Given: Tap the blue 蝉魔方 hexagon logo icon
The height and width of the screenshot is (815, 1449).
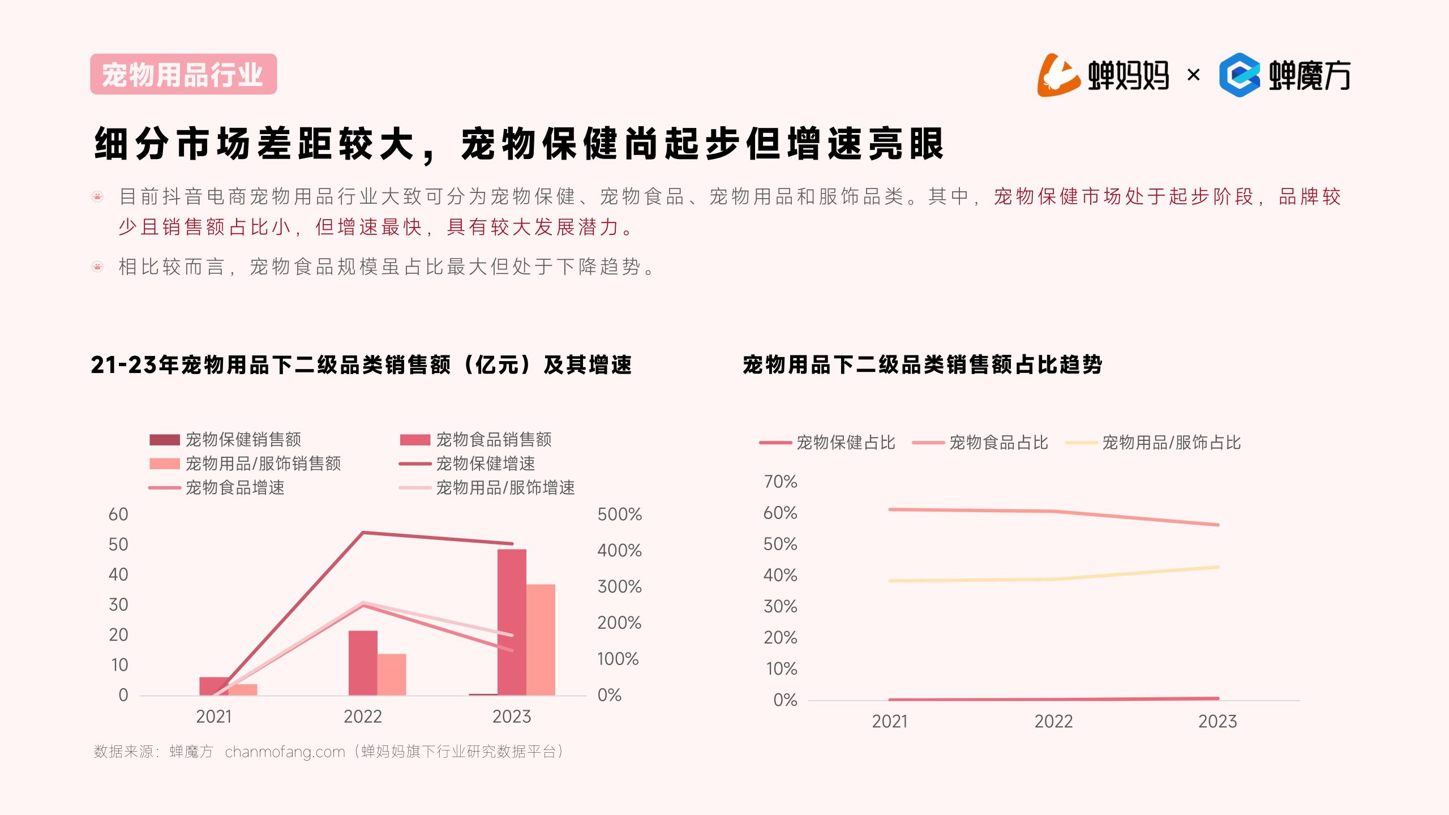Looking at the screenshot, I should [1240, 75].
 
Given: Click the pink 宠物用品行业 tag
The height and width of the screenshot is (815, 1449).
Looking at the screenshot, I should [183, 74].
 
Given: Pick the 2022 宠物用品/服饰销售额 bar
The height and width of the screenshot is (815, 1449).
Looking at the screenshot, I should [392, 674].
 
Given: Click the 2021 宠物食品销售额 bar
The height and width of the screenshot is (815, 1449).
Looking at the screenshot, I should [214, 685].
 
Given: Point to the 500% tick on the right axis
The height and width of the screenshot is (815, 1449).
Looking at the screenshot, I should [619, 514].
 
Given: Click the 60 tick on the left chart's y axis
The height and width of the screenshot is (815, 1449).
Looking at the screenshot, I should [118, 514].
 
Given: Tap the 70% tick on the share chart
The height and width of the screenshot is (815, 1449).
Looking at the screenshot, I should [781, 482].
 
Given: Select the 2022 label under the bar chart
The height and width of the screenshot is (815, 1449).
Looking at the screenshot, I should [363, 717].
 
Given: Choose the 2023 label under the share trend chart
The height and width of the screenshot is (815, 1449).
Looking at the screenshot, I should [1217, 722].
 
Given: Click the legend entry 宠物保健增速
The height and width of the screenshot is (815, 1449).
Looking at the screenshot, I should [485, 464].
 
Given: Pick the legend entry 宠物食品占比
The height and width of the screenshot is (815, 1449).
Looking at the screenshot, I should [998, 443].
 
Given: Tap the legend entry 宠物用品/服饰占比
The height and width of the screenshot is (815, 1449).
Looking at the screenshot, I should [1171, 443].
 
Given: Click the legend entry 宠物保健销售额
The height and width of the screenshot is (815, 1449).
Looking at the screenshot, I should [243, 440].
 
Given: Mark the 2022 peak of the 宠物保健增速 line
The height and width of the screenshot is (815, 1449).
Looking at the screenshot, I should [363, 533].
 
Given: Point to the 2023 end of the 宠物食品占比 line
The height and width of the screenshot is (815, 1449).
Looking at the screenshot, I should [1217, 525].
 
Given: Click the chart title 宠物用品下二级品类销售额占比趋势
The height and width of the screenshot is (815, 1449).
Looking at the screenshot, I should [923, 365].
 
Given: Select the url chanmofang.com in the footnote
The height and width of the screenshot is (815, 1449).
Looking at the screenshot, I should [285, 752].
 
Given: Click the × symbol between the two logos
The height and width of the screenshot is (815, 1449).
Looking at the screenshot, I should [1193, 75].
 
